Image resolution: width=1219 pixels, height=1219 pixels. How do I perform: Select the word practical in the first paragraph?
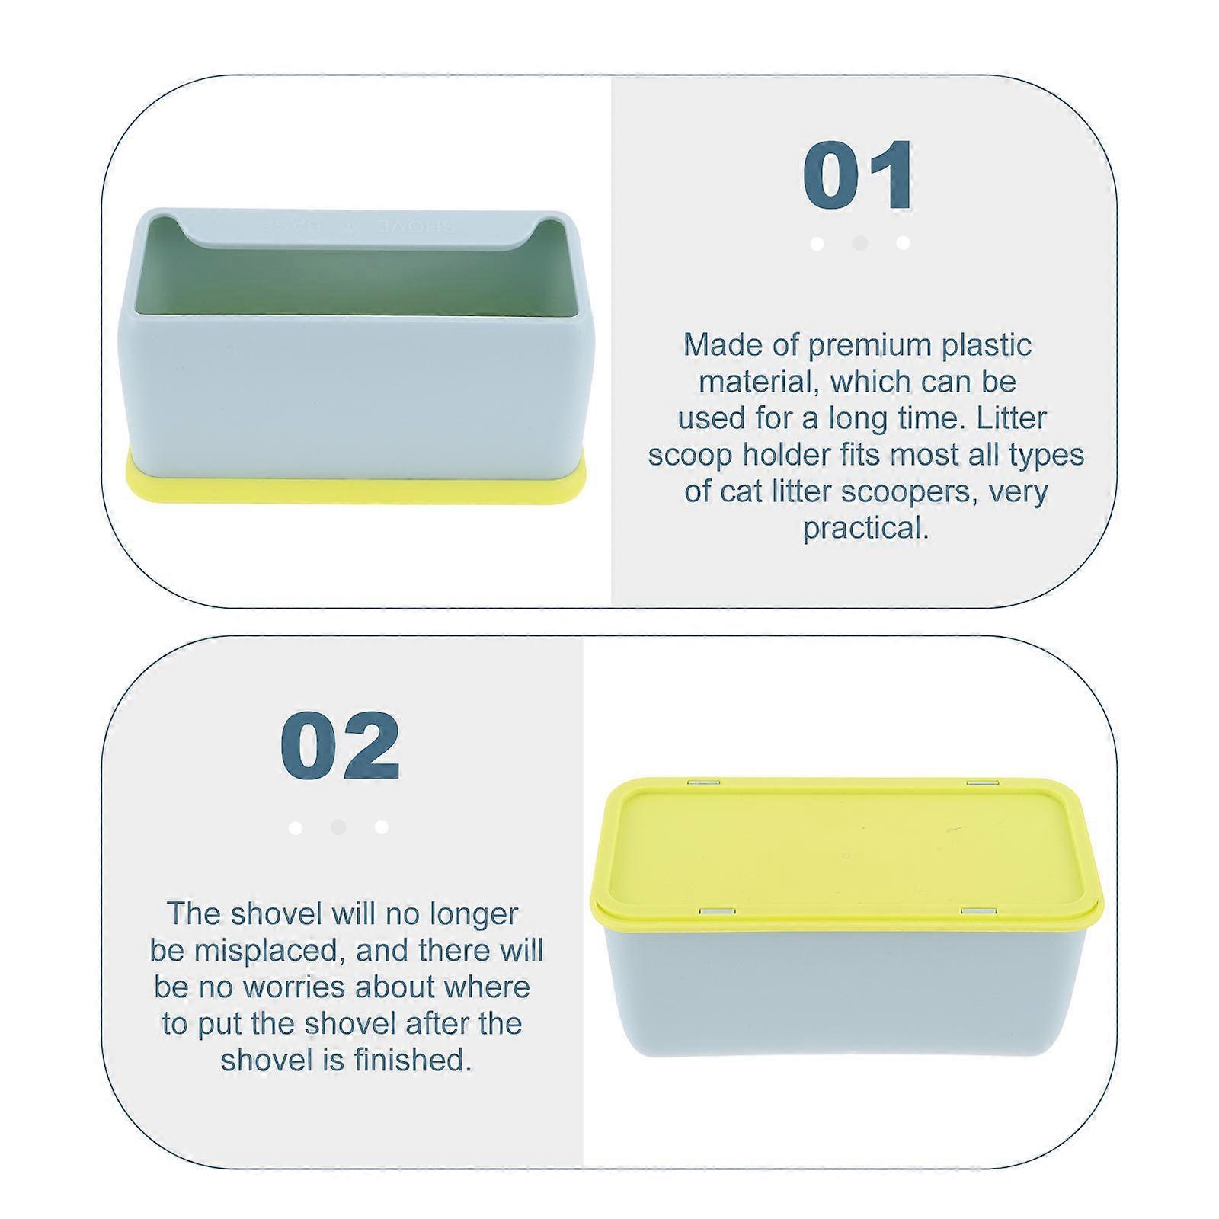click(865, 527)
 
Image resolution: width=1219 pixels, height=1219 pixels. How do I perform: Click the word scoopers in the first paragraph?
click(910, 491)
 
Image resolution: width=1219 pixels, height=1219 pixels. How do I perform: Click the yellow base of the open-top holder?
click(356, 488)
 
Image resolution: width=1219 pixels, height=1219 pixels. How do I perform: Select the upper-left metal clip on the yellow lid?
click(699, 782)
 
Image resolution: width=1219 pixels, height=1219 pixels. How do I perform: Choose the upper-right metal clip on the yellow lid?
click(984, 782)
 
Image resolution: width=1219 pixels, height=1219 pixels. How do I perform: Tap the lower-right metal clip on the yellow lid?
click(977, 911)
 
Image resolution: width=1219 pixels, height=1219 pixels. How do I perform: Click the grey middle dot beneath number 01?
click(860, 243)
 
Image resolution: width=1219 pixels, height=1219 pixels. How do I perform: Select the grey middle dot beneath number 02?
click(339, 827)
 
